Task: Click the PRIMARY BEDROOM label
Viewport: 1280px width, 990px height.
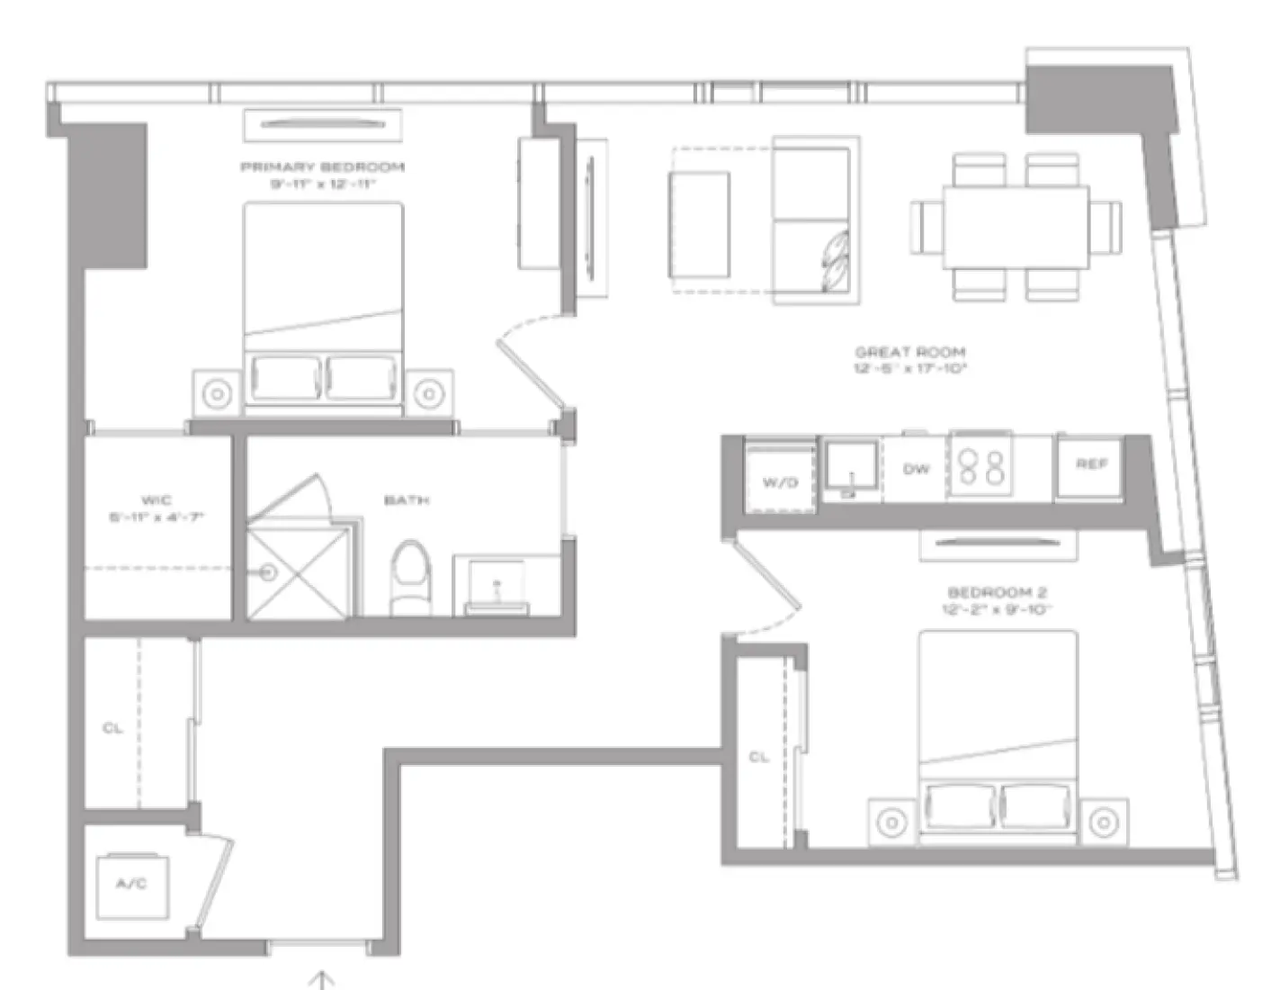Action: click(322, 167)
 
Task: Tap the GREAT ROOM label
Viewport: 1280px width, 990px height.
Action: click(910, 353)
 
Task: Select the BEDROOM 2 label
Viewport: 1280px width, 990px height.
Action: click(998, 593)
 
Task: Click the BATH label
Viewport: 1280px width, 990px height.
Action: click(407, 500)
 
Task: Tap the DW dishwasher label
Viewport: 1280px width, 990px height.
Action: click(916, 470)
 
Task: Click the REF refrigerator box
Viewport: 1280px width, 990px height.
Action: click(1090, 465)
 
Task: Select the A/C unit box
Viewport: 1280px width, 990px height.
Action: click(131, 885)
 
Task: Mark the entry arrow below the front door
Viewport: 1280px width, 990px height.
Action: click(321, 979)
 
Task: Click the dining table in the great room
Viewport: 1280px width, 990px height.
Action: click(1016, 228)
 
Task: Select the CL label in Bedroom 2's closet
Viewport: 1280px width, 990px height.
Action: click(759, 758)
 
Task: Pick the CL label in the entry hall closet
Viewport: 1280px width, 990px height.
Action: click(112, 728)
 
